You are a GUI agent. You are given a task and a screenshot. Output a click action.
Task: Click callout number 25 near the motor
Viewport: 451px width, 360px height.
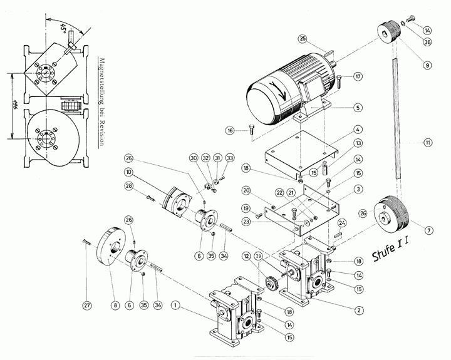303,39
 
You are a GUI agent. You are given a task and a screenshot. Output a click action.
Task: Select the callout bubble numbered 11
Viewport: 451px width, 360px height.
428,143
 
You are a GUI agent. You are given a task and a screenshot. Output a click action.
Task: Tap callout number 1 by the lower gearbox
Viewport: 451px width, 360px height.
177,306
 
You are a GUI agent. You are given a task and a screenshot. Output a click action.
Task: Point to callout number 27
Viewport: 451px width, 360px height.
87,306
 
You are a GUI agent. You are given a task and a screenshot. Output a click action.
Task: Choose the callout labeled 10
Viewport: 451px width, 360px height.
128,172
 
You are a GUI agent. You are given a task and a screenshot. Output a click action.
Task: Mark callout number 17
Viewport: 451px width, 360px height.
358,76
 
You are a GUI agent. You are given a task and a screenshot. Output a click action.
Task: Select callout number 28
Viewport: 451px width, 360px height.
128,187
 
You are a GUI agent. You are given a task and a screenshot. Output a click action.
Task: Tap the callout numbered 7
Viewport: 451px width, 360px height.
428,230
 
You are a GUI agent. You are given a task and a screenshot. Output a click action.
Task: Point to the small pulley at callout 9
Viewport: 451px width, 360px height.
390,31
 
